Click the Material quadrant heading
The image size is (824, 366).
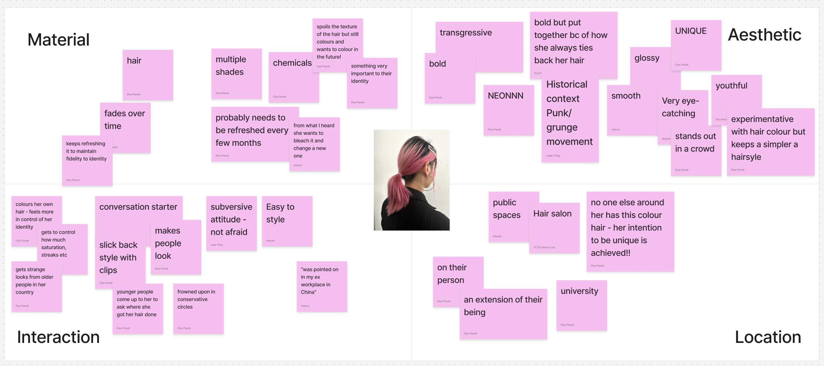point(58,40)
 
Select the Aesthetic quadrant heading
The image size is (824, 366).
point(764,35)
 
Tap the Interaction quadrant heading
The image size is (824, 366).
point(58,337)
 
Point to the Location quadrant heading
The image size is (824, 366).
point(768,337)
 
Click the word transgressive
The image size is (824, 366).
point(466,33)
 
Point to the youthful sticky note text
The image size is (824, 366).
point(731,86)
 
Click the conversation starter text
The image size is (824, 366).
point(138,207)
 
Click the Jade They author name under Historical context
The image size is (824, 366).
point(553,156)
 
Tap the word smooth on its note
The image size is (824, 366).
point(626,96)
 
